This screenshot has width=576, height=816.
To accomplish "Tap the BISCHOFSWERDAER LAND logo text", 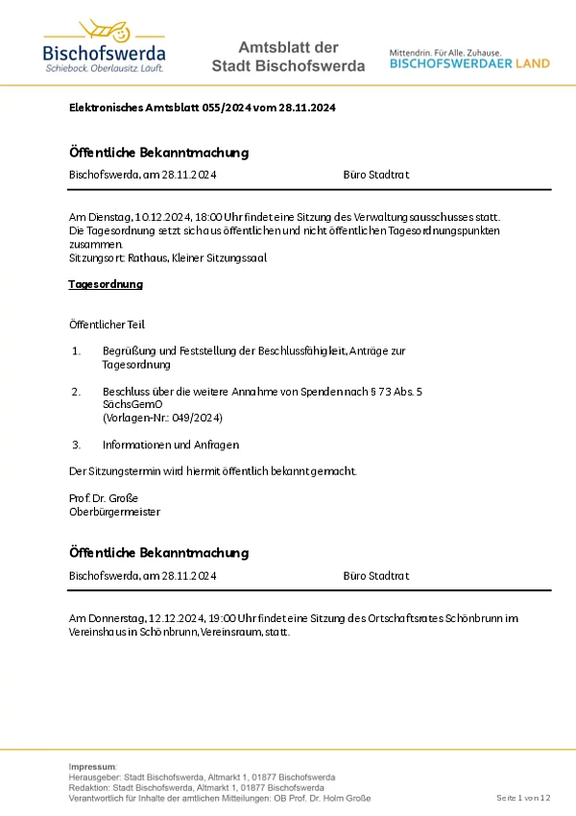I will [x=469, y=63].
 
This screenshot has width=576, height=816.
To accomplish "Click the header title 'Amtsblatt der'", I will [x=288, y=47].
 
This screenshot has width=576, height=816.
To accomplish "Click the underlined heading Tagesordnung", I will [x=106, y=284].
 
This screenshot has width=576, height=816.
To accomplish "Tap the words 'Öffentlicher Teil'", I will [x=108, y=325].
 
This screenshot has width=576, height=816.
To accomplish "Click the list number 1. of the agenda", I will [x=77, y=351].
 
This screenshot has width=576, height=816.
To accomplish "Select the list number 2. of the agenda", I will [x=77, y=392].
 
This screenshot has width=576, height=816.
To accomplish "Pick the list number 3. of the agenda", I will [x=77, y=444].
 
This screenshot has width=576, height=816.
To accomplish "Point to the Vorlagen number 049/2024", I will [x=198, y=418].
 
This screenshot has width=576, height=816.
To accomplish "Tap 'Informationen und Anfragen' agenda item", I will [x=171, y=444].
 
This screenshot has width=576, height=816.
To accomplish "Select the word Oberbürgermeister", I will [x=115, y=512].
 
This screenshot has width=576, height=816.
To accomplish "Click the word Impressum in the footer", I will [x=91, y=766].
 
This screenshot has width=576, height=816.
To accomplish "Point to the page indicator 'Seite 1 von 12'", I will [x=523, y=798].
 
